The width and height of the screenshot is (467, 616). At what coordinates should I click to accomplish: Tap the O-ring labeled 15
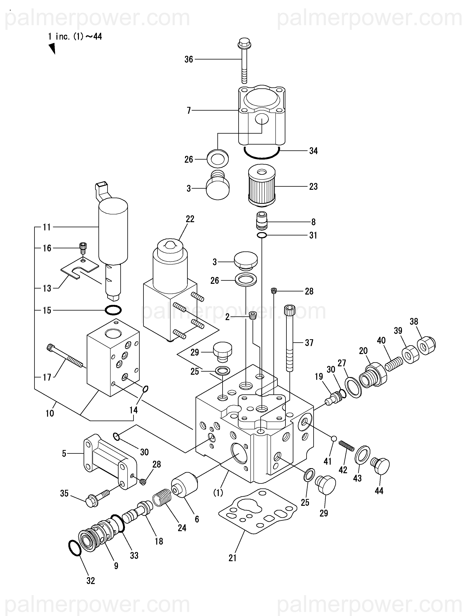113,310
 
